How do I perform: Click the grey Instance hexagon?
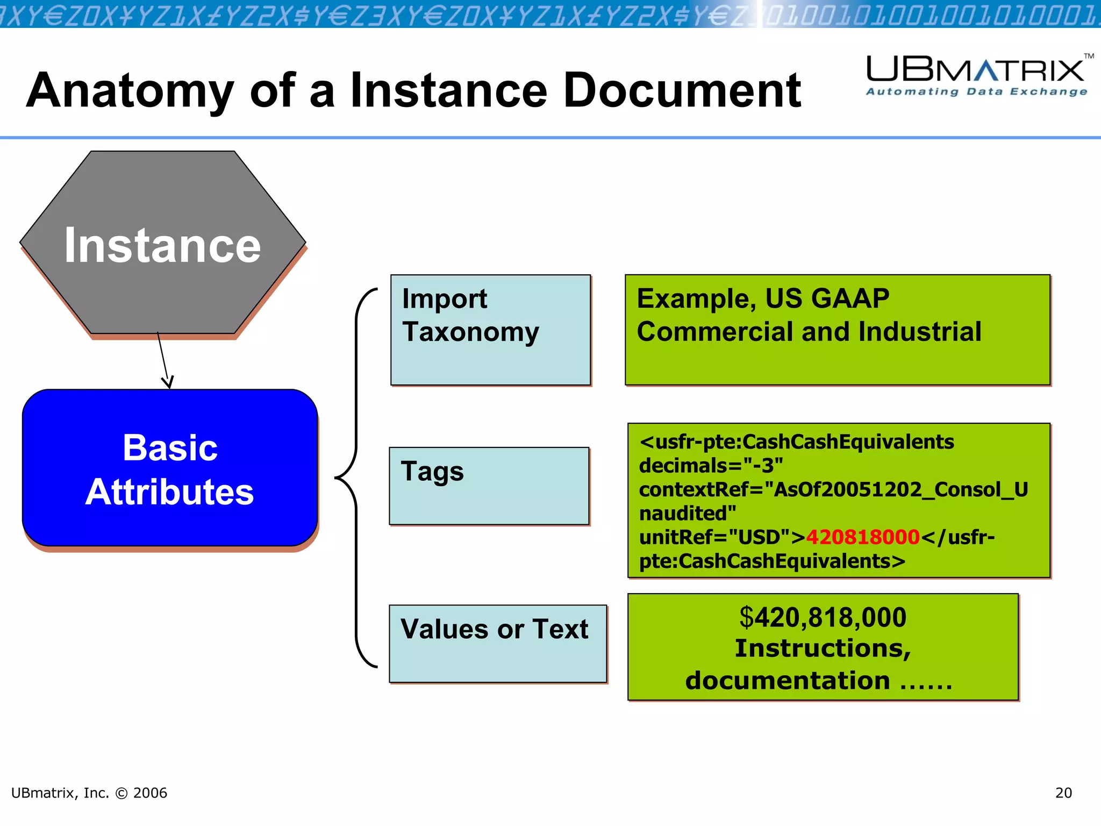[x=162, y=245]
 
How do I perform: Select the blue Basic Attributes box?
[x=170, y=468]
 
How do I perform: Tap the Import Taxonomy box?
[x=490, y=330]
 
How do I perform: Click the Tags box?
[x=489, y=486]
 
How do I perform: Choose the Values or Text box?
[x=498, y=644]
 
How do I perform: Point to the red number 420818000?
[x=862, y=537]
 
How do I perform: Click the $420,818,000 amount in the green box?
[x=823, y=617]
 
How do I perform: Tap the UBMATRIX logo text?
[x=976, y=70]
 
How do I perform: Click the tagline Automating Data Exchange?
[x=976, y=92]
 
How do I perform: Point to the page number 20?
[x=1063, y=793]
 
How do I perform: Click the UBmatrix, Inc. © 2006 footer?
[x=89, y=793]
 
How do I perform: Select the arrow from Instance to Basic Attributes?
[x=163, y=359]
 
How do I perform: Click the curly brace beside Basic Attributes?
[x=352, y=478]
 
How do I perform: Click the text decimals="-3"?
[x=710, y=466]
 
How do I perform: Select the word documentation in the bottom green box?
[x=787, y=681]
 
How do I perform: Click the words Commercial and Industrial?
[x=809, y=332]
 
